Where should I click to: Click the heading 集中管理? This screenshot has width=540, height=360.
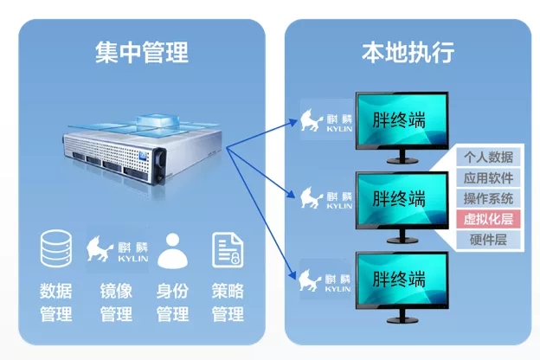(x=142, y=53)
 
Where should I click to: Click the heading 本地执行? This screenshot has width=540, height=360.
(x=408, y=53)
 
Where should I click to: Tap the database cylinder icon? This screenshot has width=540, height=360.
(x=56, y=248)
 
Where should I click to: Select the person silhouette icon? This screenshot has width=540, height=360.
(x=172, y=250)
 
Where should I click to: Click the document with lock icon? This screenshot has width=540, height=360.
(x=228, y=250)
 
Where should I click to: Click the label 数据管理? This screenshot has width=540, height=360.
(x=56, y=302)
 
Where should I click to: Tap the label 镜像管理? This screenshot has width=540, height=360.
(x=117, y=302)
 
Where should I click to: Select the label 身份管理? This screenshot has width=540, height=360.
(x=172, y=302)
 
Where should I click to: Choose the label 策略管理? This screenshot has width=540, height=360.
(x=228, y=302)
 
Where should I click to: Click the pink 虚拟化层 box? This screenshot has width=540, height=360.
(x=488, y=219)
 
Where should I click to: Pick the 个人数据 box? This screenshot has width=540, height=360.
(x=488, y=157)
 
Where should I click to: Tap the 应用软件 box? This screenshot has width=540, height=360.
(x=488, y=177)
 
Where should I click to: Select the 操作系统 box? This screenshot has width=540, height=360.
(x=488, y=198)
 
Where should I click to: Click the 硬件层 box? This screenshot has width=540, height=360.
(x=488, y=240)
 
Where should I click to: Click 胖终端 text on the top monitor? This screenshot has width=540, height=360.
(x=399, y=119)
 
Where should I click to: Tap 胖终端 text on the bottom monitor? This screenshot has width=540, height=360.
(x=399, y=279)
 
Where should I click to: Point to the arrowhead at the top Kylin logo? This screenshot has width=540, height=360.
(x=293, y=122)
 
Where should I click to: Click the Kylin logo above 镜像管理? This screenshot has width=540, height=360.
(x=117, y=249)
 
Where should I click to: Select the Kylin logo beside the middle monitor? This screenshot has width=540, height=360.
(x=326, y=198)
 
